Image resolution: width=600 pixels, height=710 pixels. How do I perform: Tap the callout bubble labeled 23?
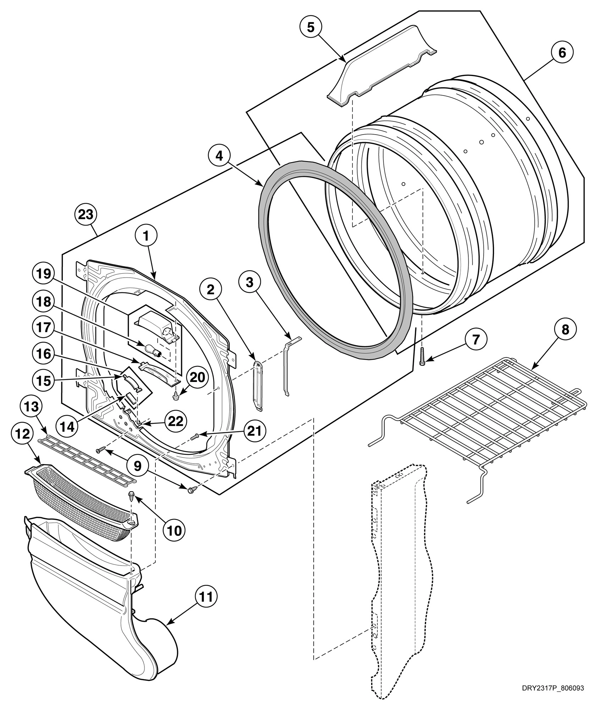coord(86,214)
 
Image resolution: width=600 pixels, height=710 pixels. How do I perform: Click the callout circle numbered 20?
coord(197,377)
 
